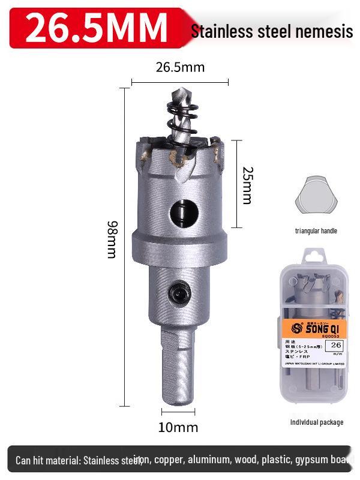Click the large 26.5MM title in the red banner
96,27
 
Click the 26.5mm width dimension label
180,67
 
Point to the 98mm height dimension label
112,240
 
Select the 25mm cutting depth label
247,184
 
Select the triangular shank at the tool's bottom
179,366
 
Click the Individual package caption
317,422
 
